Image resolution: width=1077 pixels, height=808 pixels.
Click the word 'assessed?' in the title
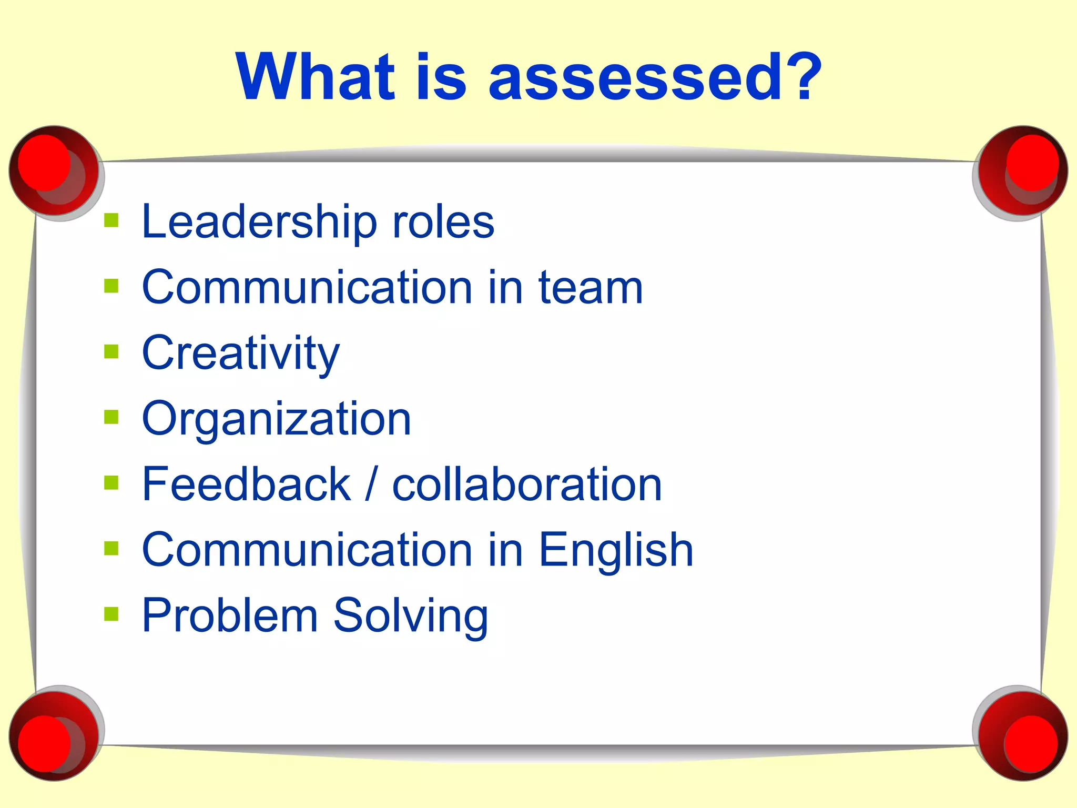(655, 77)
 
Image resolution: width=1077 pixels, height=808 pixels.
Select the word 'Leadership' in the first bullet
(259, 222)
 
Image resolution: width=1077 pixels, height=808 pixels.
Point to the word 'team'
(591, 288)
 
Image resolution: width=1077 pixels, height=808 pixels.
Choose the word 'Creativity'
(241, 353)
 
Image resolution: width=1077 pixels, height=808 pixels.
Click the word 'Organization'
(277, 419)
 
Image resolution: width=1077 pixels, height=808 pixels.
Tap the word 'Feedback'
(246, 484)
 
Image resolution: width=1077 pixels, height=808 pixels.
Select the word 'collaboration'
(527, 484)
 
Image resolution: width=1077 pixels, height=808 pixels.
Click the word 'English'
(616, 550)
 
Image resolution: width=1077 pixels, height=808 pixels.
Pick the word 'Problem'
(230, 615)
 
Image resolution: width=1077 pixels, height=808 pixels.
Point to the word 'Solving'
(411, 615)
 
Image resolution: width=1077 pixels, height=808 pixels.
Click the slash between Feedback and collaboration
(371, 484)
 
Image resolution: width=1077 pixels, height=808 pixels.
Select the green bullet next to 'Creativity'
(111, 351)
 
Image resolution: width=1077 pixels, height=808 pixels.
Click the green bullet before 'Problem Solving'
(111, 613)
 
